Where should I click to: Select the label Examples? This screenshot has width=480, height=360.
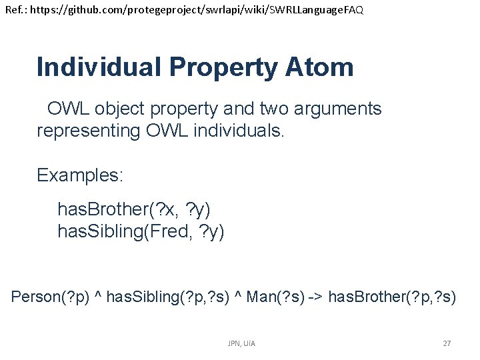[x=80, y=175]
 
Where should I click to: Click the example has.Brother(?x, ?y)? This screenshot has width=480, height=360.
[x=134, y=210]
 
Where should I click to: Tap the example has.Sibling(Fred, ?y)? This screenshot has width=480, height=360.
[x=141, y=232]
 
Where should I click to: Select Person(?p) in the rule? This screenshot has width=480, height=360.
[x=49, y=296]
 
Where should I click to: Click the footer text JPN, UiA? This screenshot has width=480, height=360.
[x=241, y=343]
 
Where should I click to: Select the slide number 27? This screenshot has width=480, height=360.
[x=447, y=343]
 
